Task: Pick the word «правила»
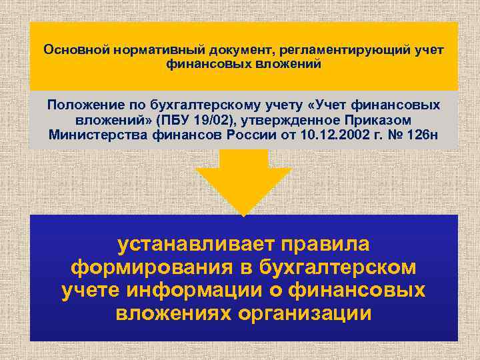click(x=326, y=245)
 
